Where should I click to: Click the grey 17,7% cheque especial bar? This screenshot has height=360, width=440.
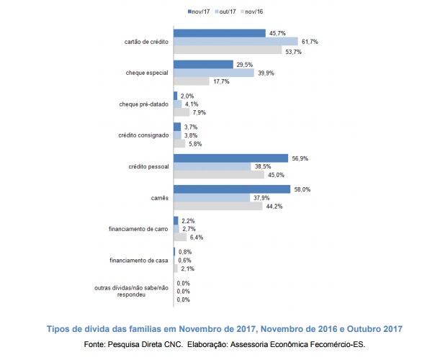(x=191, y=81)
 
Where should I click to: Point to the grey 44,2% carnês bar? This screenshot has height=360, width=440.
(x=218, y=207)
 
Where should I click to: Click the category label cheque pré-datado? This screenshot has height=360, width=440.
(x=143, y=104)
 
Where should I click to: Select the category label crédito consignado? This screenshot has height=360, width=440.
(x=143, y=135)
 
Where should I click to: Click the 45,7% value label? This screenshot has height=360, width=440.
(x=277, y=33)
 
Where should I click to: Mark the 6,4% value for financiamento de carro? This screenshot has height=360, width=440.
(x=197, y=237)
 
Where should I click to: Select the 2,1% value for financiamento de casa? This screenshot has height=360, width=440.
(x=188, y=269)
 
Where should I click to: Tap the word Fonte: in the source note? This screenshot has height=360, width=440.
(x=94, y=344)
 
